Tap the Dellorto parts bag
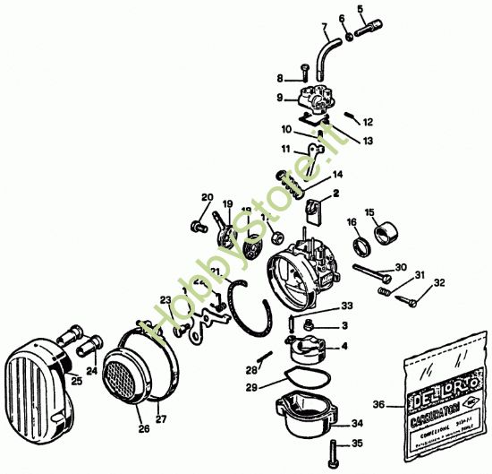(444, 399)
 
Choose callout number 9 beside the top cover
(279, 98)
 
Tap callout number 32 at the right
(438, 283)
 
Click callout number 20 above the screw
(207, 197)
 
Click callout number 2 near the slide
(335, 193)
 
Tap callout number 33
(346, 306)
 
